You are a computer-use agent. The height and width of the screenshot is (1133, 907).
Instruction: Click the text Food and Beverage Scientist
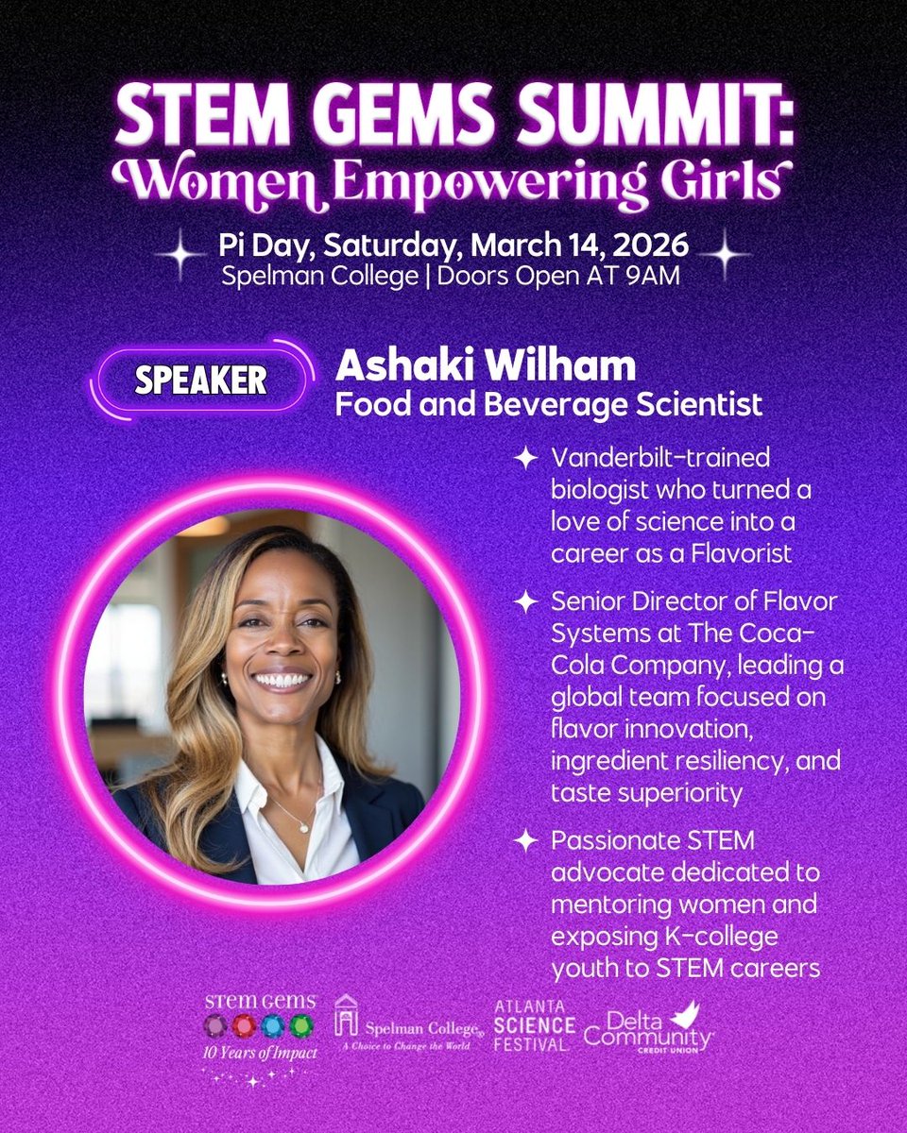tap(549, 406)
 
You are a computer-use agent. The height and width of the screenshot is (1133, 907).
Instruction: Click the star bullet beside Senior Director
tap(525, 600)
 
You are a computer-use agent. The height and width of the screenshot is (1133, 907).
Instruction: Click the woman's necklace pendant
tap(304, 826)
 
